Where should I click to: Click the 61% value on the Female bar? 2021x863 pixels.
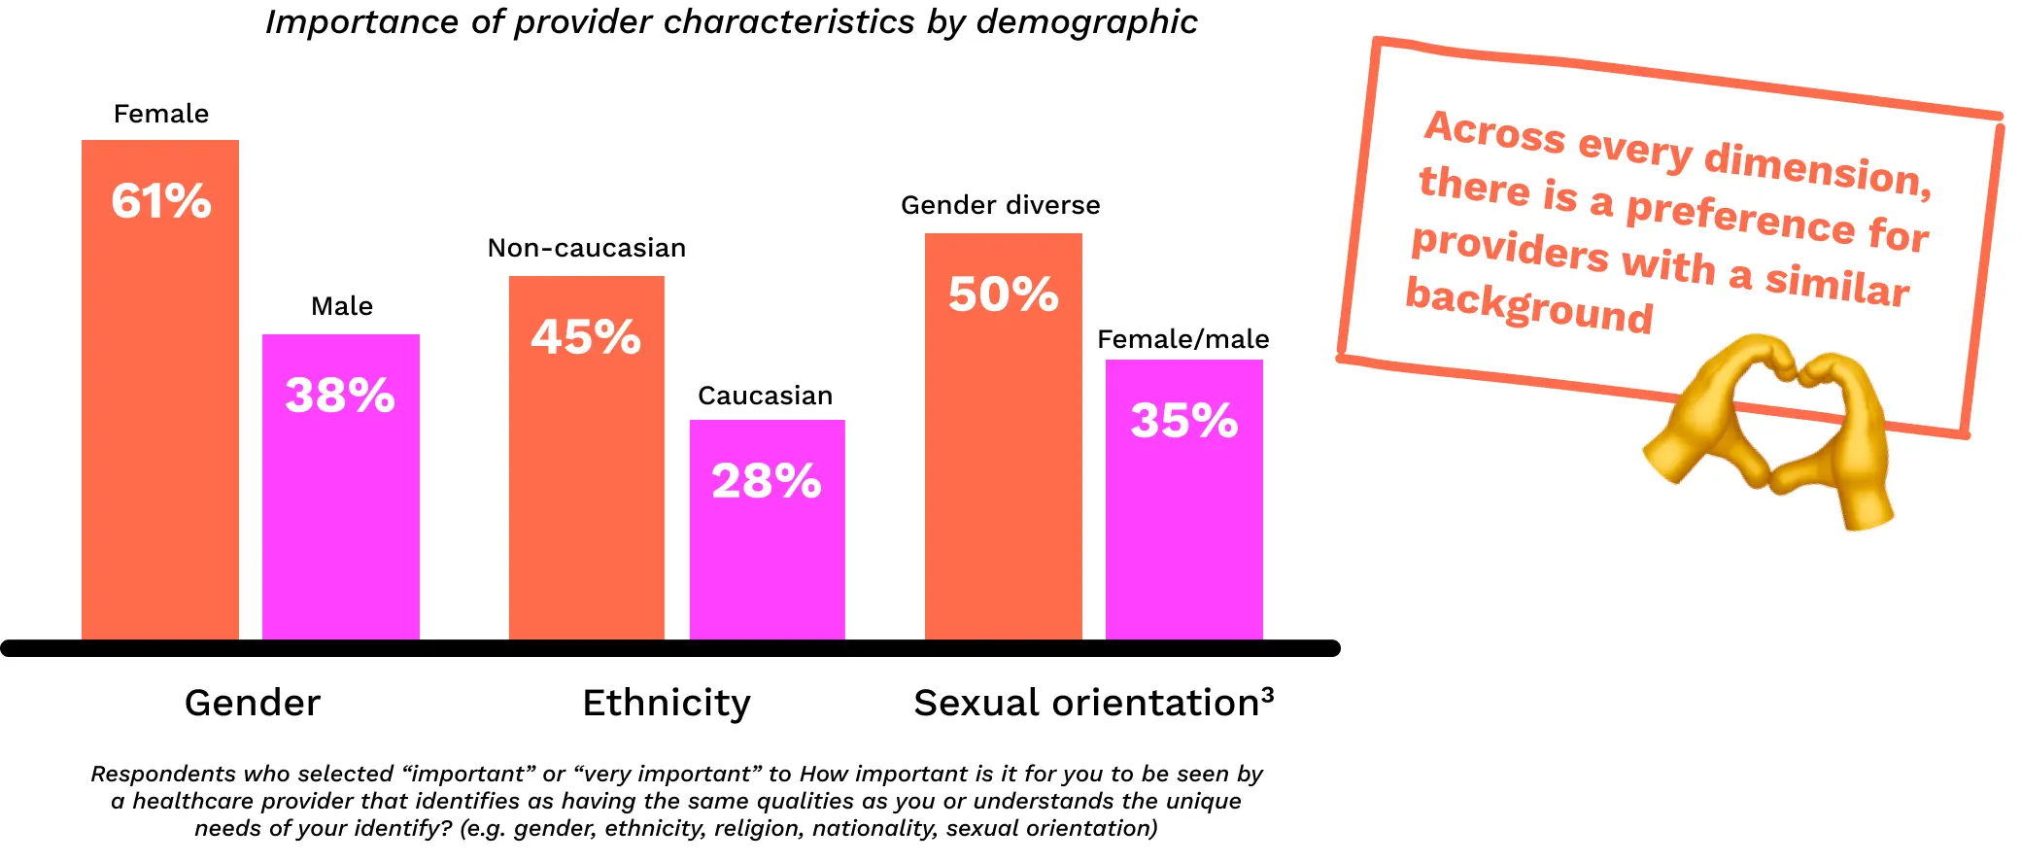(x=161, y=201)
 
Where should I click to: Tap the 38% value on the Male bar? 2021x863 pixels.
(x=340, y=396)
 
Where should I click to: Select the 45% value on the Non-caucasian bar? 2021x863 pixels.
(x=586, y=337)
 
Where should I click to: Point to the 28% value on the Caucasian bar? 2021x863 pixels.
(x=767, y=481)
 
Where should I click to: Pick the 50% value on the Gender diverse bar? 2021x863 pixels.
(x=1003, y=294)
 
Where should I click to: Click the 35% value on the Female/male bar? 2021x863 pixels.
(x=1183, y=421)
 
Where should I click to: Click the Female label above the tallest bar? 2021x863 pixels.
(x=161, y=114)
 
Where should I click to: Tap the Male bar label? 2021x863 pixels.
(x=342, y=306)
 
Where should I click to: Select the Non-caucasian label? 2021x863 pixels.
(x=587, y=248)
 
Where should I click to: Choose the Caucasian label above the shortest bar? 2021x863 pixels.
(x=766, y=396)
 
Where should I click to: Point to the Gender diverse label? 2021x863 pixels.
(x=1001, y=205)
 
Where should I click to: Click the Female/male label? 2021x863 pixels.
(x=1183, y=339)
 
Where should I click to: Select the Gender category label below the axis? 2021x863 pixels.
(x=253, y=703)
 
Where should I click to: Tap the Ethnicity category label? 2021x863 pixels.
(x=667, y=703)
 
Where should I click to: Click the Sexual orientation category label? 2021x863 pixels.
(x=1086, y=703)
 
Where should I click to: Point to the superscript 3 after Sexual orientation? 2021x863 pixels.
(x=1268, y=694)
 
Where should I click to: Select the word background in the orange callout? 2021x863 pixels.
(x=1528, y=306)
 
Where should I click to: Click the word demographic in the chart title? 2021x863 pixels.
(x=1086, y=22)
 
